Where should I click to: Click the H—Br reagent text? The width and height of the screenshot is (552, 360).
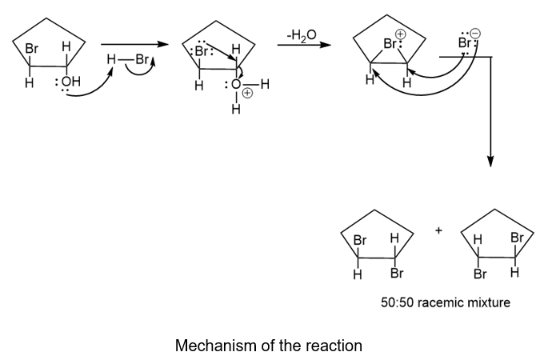tap(126, 59)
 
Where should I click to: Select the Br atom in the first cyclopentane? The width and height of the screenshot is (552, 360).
tap(32, 49)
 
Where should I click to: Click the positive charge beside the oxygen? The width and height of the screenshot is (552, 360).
tap(247, 92)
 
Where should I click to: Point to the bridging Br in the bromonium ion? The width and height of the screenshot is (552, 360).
tap(391, 45)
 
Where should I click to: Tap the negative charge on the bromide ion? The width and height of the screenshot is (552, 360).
tap(475, 34)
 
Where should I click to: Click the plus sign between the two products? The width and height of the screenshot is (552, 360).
tap(439, 231)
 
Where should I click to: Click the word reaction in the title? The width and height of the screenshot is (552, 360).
tap(334, 346)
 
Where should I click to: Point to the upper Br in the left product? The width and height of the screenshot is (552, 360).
tap(360, 238)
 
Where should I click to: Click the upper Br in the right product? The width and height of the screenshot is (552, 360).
tap(517, 238)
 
